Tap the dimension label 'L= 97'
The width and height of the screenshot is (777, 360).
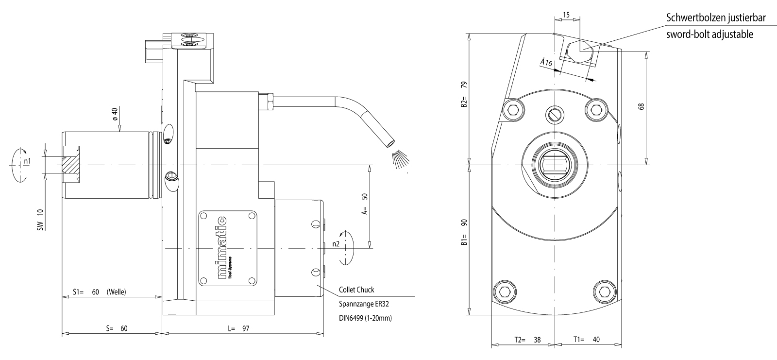238,328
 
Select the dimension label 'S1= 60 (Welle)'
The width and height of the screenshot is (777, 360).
100,292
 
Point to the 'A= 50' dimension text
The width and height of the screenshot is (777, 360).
365,204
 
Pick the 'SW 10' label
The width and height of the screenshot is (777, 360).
40,219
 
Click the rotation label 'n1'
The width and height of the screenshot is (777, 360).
28,161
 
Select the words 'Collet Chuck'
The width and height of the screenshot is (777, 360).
356,290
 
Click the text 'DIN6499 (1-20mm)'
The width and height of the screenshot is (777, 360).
365,318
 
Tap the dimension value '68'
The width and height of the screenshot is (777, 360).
642,106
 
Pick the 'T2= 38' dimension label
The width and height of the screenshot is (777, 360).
527,340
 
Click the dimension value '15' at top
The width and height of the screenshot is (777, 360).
567,16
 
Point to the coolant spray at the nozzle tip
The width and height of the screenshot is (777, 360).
401,159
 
